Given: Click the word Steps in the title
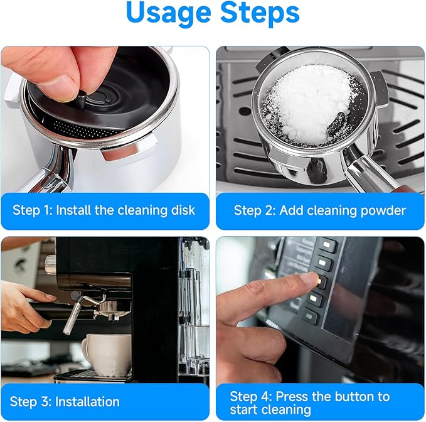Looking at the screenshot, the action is (x=260, y=12).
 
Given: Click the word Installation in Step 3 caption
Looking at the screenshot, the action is (x=87, y=402).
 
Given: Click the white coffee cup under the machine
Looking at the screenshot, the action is (x=107, y=354).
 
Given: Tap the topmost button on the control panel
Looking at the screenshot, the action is (x=327, y=245).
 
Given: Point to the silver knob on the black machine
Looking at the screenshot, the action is (x=50, y=264).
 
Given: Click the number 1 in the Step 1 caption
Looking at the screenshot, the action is (x=48, y=210).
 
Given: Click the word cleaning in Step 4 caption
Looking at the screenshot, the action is (x=285, y=410).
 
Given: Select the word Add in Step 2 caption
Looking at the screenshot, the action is (x=290, y=210).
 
